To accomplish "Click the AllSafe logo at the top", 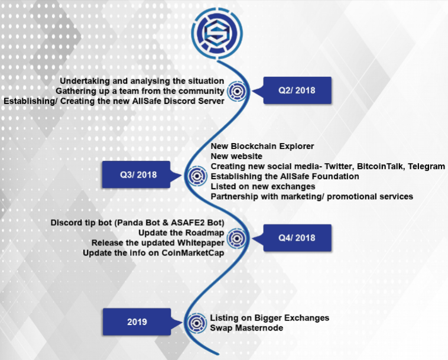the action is pos(217,34).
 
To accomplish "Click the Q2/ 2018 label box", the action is pos(297,90).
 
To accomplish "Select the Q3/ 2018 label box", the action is pos(137,174).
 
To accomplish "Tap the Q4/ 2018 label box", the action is pos(297,238).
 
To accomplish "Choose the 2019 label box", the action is pos(137,322).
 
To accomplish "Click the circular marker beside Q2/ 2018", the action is pos(237,91).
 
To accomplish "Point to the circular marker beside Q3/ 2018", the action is pos(197,176).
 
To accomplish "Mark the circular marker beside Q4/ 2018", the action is pos(237,238).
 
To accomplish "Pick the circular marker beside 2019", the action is pos(196,323).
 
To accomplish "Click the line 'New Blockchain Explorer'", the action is pos(262,146).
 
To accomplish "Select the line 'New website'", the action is pos(236,156).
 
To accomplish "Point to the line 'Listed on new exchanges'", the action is pos(263,187).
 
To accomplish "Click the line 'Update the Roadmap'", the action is pos(181,233).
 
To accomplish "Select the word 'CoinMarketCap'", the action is pos(193,253).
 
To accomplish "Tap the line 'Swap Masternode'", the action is pos(246,328).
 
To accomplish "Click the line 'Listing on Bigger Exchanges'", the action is pos(270,318).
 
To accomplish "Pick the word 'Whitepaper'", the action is pos(200,243).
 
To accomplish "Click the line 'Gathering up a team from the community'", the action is pos(139,91).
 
